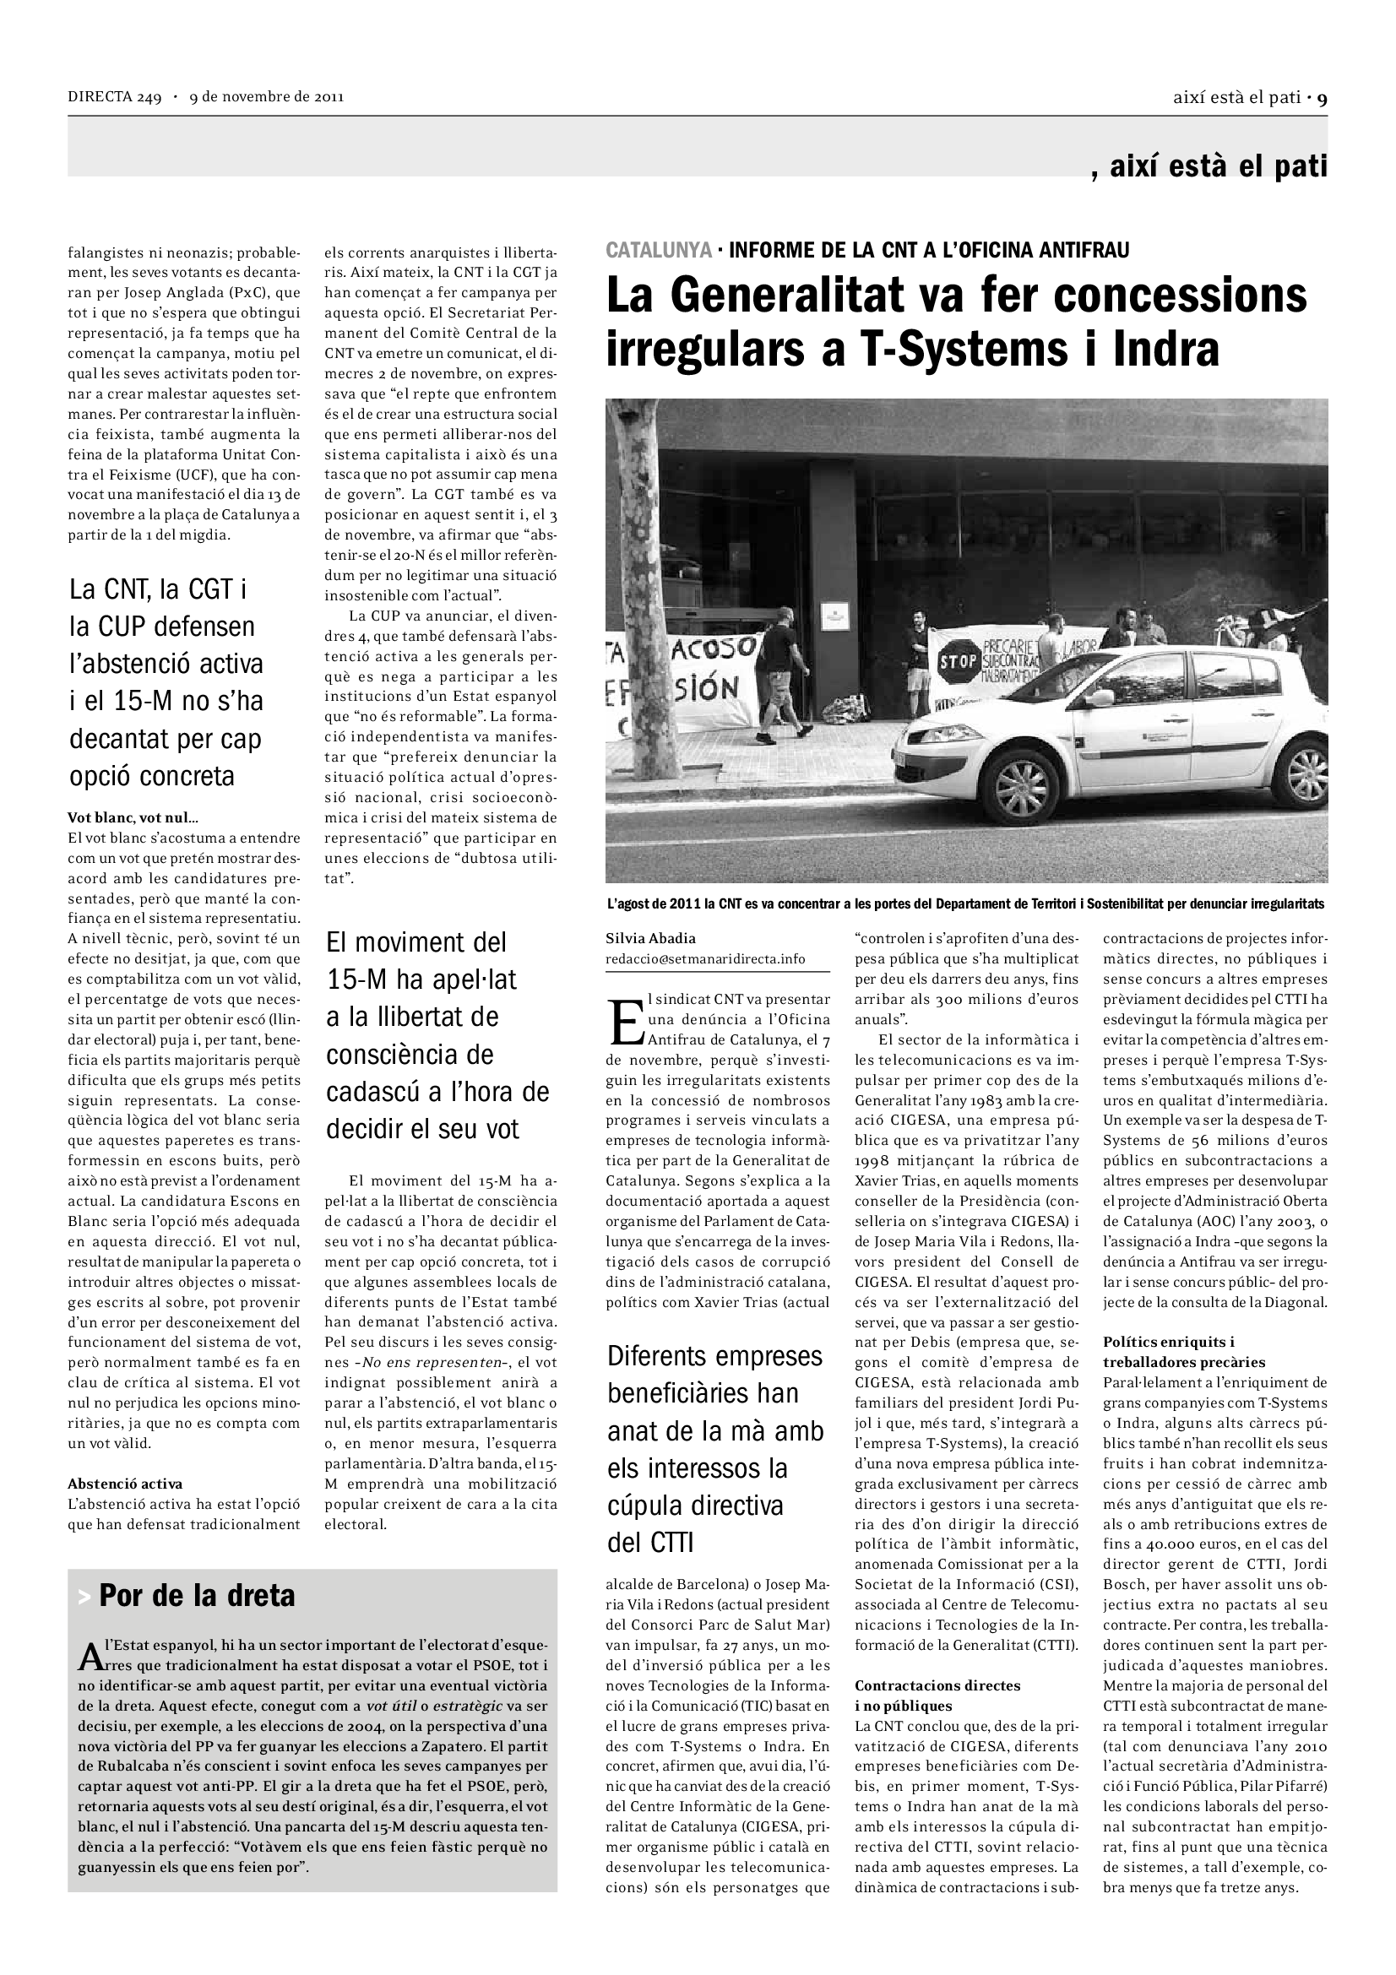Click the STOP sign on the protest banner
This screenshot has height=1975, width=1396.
(x=958, y=660)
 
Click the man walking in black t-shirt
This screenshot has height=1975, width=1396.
(x=783, y=671)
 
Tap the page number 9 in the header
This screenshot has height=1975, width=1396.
(x=1322, y=97)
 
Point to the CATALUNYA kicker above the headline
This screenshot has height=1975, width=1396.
(x=659, y=250)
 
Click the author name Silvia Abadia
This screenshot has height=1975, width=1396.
(x=650, y=938)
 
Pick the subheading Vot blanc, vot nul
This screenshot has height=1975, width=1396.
(x=133, y=817)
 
